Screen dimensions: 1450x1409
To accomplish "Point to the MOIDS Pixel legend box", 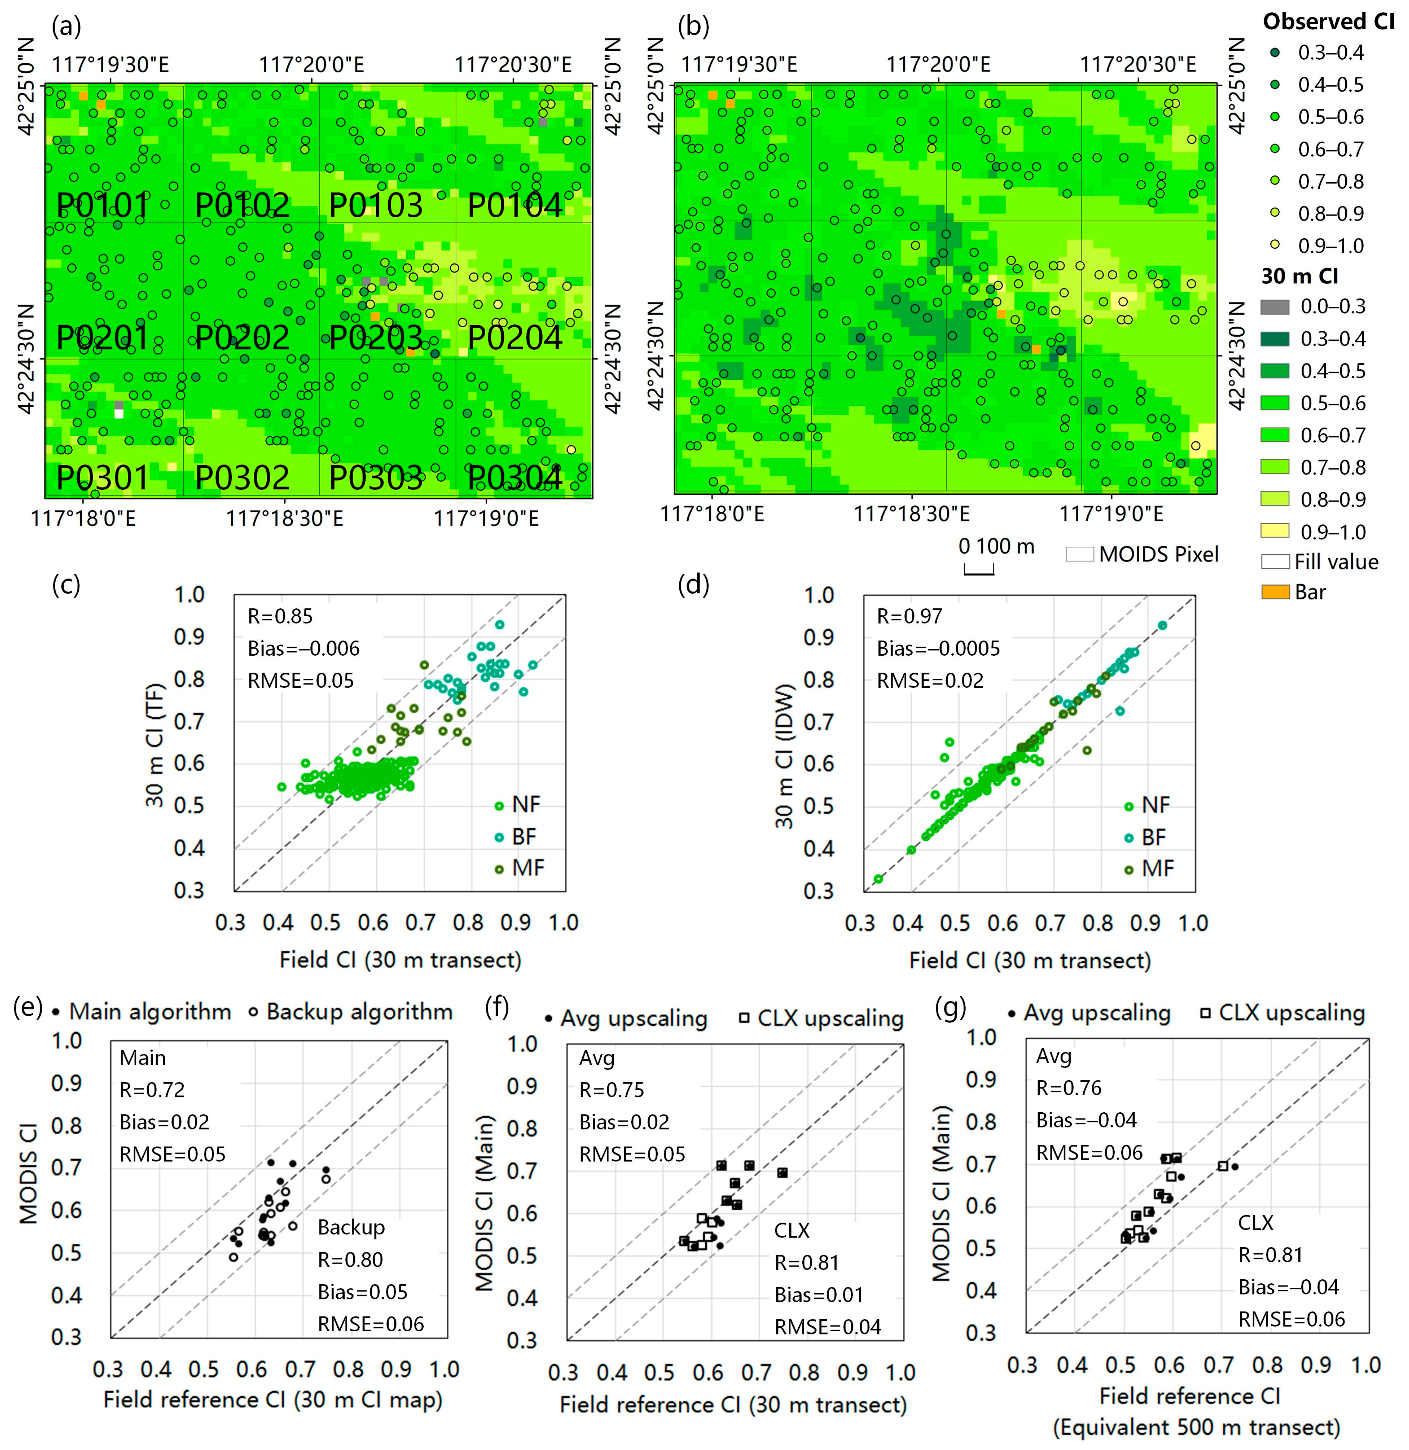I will pyautogui.click(x=1080, y=554).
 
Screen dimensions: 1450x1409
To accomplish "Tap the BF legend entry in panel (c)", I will pyautogui.click(x=523, y=836).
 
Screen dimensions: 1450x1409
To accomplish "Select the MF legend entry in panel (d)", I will pyautogui.click(x=1157, y=868).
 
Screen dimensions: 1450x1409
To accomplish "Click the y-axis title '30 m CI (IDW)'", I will pyautogui.click(x=784, y=755).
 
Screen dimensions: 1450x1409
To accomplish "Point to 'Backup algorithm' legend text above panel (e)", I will pyautogui.click(x=359, y=1012).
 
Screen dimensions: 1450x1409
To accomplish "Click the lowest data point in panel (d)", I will pyautogui.click(x=878, y=879).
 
